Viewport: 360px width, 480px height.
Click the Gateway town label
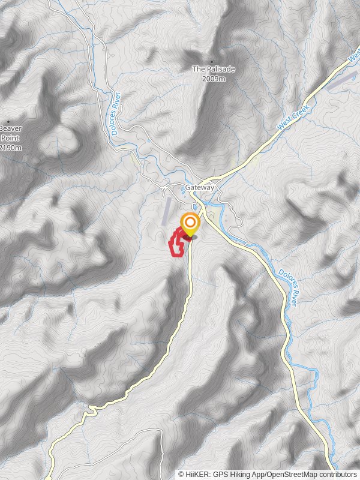click(200, 187)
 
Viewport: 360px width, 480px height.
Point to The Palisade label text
click(213, 70)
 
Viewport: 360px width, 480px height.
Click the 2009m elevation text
click(214, 79)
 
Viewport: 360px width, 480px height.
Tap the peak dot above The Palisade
click(212, 62)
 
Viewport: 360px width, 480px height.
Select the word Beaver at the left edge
click(10, 128)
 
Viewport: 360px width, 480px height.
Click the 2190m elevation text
click(10, 148)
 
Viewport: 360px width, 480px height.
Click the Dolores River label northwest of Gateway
click(116, 118)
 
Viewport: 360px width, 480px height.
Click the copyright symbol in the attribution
click(181, 474)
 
